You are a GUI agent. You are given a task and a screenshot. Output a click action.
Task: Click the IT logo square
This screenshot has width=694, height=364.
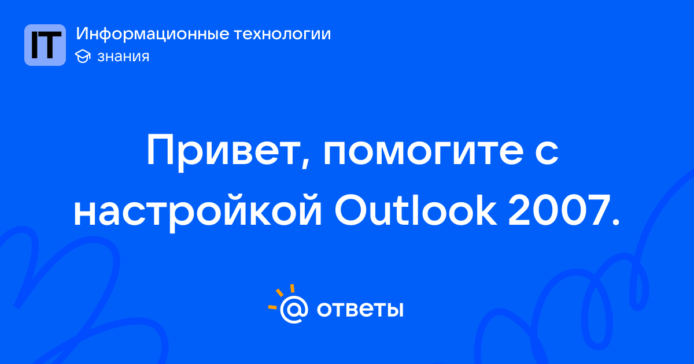pos(45,45)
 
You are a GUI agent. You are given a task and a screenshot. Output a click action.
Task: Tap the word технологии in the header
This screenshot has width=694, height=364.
pos(282,34)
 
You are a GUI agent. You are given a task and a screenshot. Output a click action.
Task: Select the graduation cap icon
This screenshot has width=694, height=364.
pos(83,56)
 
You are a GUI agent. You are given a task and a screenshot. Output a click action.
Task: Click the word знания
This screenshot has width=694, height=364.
pos(123,57)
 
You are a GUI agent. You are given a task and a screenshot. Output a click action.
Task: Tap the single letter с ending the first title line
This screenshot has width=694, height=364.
pos(547,153)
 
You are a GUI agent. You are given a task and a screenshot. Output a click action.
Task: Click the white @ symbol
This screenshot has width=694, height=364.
pos(294,309)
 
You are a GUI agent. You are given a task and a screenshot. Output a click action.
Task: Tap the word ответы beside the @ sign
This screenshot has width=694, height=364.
pos(360,309)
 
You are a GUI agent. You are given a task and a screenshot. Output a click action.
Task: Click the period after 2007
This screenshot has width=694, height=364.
pos(615,222)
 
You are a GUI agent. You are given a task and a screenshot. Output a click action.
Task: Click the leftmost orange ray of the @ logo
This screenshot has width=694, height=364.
pos(272,307)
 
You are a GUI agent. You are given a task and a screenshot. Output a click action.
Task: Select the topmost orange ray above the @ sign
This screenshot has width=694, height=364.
pos(292,288)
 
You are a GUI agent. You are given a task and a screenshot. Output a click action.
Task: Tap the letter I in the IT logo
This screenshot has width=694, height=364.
pos(35,45)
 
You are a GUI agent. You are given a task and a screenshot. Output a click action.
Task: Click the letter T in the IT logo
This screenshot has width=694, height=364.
pos(51,45)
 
